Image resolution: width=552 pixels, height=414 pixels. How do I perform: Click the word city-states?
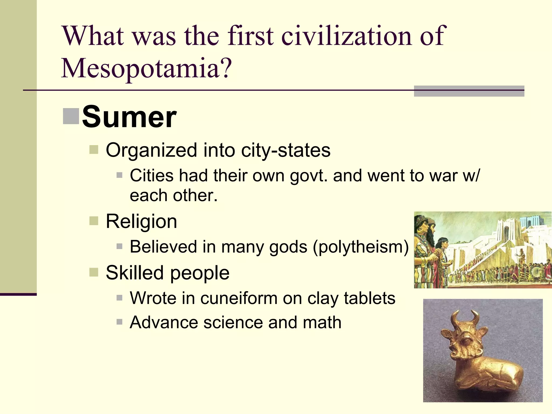tap(286, 150)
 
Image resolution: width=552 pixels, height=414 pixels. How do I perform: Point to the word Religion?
tap(141, 222)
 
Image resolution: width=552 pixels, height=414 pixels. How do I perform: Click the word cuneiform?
tap(239, 298)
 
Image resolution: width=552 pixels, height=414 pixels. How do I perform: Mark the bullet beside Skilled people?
tap(94, 272)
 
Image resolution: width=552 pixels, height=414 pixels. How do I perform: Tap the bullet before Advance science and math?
tap(119, 322)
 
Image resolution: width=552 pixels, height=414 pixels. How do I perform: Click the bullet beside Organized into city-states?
tap(94, 150)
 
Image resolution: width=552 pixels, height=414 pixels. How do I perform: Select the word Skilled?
tap(135, 273)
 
